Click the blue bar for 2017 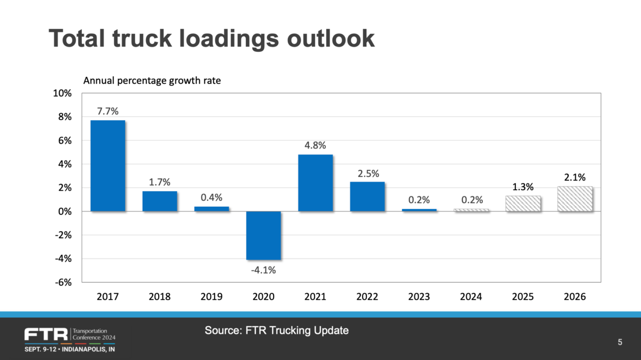(x=107, y=166)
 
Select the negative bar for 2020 (x=263, y=236)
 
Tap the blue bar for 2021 (x=315, y=183)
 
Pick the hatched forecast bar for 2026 (x=575, y=199)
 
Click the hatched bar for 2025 (x=523, y=204)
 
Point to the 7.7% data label (x=107, y=112)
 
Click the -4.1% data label (x=263, y=270)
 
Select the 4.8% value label (x=315, y=146)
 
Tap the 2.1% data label (x=575, y=177)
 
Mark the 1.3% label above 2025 (x=523, y=187)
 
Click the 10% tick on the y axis (x=62, y=93)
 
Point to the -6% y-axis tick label (x=63, y=283)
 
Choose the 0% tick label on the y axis (x=65, y=212)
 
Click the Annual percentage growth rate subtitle (x=152, y=81)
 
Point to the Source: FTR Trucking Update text (x=277, y=331)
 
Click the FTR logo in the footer (x=46, y=335)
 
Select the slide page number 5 (x=620, y=342)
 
